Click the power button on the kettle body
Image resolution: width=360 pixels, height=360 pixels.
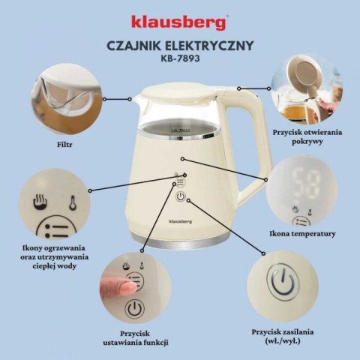[x=181, y=198]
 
